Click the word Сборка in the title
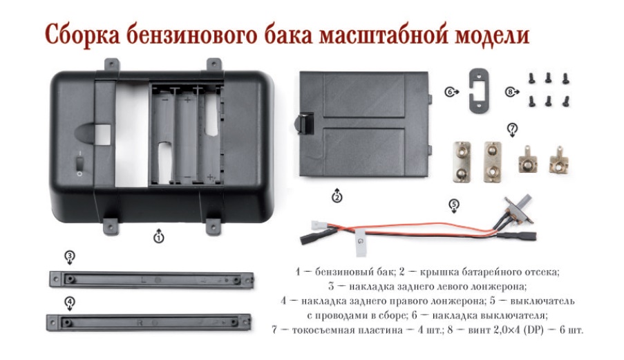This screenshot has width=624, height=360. (x=82, y=35)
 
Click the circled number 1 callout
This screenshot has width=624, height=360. (x=159, y=238)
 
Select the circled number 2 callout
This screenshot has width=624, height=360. (x=337, y=197)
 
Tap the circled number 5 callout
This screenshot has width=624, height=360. (x=454, y=205)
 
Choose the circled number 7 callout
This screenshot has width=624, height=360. (x=512, y=129)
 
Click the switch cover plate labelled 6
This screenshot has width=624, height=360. (x=478, y=91)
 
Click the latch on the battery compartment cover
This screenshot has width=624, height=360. (x=304, y=123)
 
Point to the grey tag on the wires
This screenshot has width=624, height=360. (x=361, y=242)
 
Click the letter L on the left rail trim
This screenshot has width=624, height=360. (x=144, y=280)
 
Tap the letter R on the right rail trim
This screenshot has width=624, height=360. (x=140, y=323)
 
